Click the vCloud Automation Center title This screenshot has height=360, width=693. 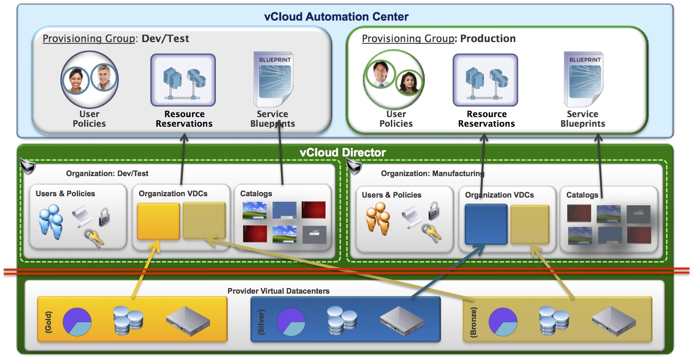pyautogui.click(x=336, y=17)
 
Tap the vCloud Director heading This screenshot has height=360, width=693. pyautogui.click(x=342, y=152)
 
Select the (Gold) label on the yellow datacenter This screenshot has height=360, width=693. pyautogui.click(x=48, y=322)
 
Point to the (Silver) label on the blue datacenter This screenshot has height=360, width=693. pyautogui.click(x=261, y=322)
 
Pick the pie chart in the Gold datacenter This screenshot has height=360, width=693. pyautogui.click(x=77, y=322)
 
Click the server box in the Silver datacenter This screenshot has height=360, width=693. pyautogui.click(x=401, y=320)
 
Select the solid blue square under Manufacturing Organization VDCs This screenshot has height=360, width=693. pyautogui.click(x=485, y=224)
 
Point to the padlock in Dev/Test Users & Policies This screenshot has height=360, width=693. pyautogui.click(x=105, y=216)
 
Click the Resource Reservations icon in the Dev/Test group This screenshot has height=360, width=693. pyautogui.click(x=183, y=80)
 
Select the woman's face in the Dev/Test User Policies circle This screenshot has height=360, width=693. pyautogui.click(x=76, y=80)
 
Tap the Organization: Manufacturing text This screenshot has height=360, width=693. pyautogui.click(x=432, y=174)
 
